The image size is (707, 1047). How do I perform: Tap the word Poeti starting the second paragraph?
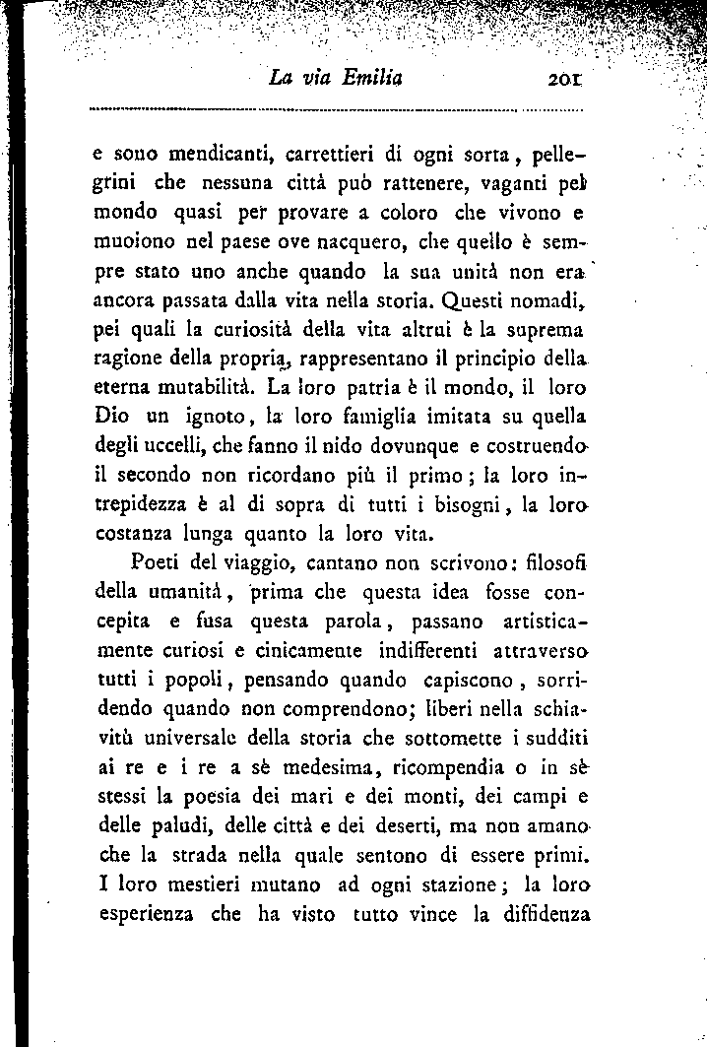pyautogui.click(x=154, y=564)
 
